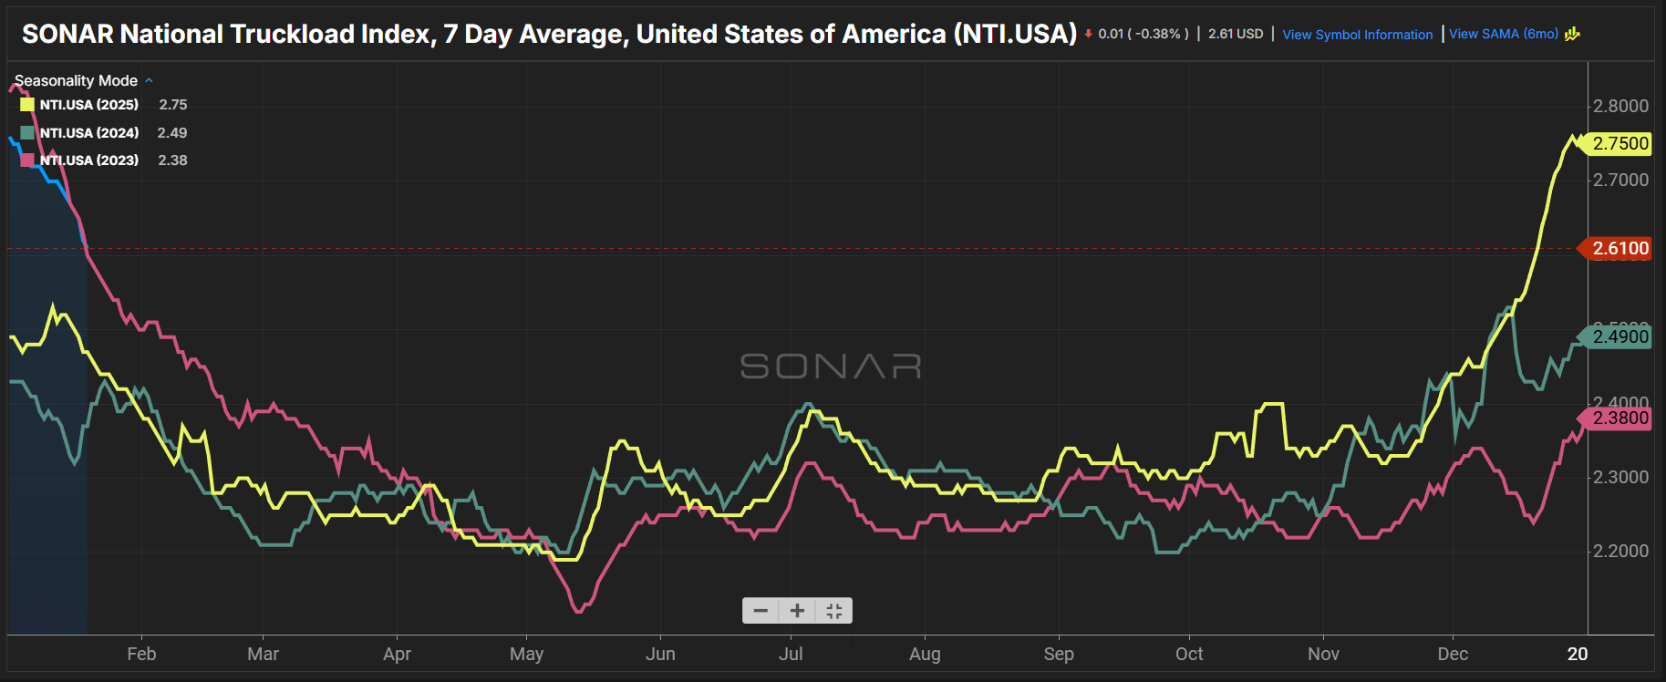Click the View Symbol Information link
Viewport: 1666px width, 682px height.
tap(1357, 35)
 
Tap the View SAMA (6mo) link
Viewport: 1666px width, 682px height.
tap(1503, 34)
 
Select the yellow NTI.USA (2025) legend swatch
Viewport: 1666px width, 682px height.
tap(27, 105)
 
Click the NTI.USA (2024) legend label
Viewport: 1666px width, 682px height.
tap(88, 133)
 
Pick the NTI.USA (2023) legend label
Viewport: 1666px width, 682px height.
tap(88, 160)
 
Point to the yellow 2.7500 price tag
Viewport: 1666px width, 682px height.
tap(1619, 143)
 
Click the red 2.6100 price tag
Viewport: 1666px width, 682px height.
tap(1619, 248)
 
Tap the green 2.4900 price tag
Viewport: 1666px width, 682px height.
tap(1619, 336)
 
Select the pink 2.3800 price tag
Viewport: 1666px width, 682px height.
tap(1619, 418)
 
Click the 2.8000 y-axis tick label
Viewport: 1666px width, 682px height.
tap(1620, 106)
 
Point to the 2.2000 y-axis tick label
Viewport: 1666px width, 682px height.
tap(1620, 551)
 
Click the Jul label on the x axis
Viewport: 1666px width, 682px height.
tap(791, 654)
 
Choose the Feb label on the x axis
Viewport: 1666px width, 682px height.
tap(141, 654)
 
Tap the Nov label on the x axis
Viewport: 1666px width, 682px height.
tap(1323, 654)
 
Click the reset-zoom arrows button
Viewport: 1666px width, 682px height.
tap(833, 611)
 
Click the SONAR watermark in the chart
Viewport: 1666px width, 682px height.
tap(830, 367)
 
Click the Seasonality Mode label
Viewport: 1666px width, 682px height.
tap(76, 81)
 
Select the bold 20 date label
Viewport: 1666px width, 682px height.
tap(1578, 654)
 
